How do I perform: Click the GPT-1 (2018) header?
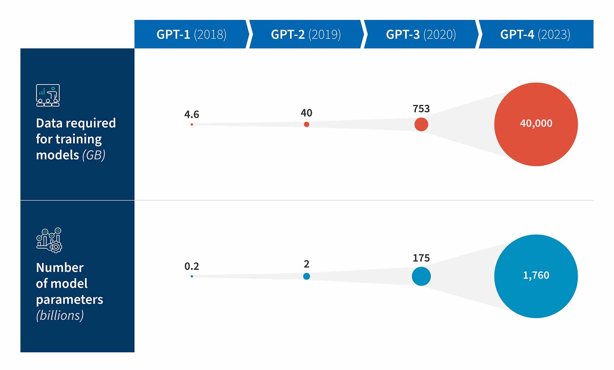coord(191,34)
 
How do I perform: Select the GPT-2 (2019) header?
coord(306,34)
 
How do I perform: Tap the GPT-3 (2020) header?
coord(421,34)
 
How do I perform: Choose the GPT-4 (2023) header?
coord(535,34)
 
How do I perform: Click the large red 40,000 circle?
coord(536,124)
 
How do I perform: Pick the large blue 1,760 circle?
coord(536,276)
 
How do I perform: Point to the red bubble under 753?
coord(421,124)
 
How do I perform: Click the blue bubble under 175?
coord(421,276)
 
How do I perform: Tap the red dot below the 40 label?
coord(306,124)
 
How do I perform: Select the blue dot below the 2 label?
coord(306,276)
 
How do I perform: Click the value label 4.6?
coord(192,114)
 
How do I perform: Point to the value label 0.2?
coord(192,266)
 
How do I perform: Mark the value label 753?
coord(421,109)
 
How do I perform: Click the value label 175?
coord(421,258)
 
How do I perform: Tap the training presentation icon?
coord(48,95)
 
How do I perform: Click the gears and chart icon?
coord(49,240)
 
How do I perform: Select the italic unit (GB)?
coord(94,155)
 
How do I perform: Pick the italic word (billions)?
coord(60,315)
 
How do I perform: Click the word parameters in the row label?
coord(69,299)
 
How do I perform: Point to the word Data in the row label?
coord(49,123)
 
